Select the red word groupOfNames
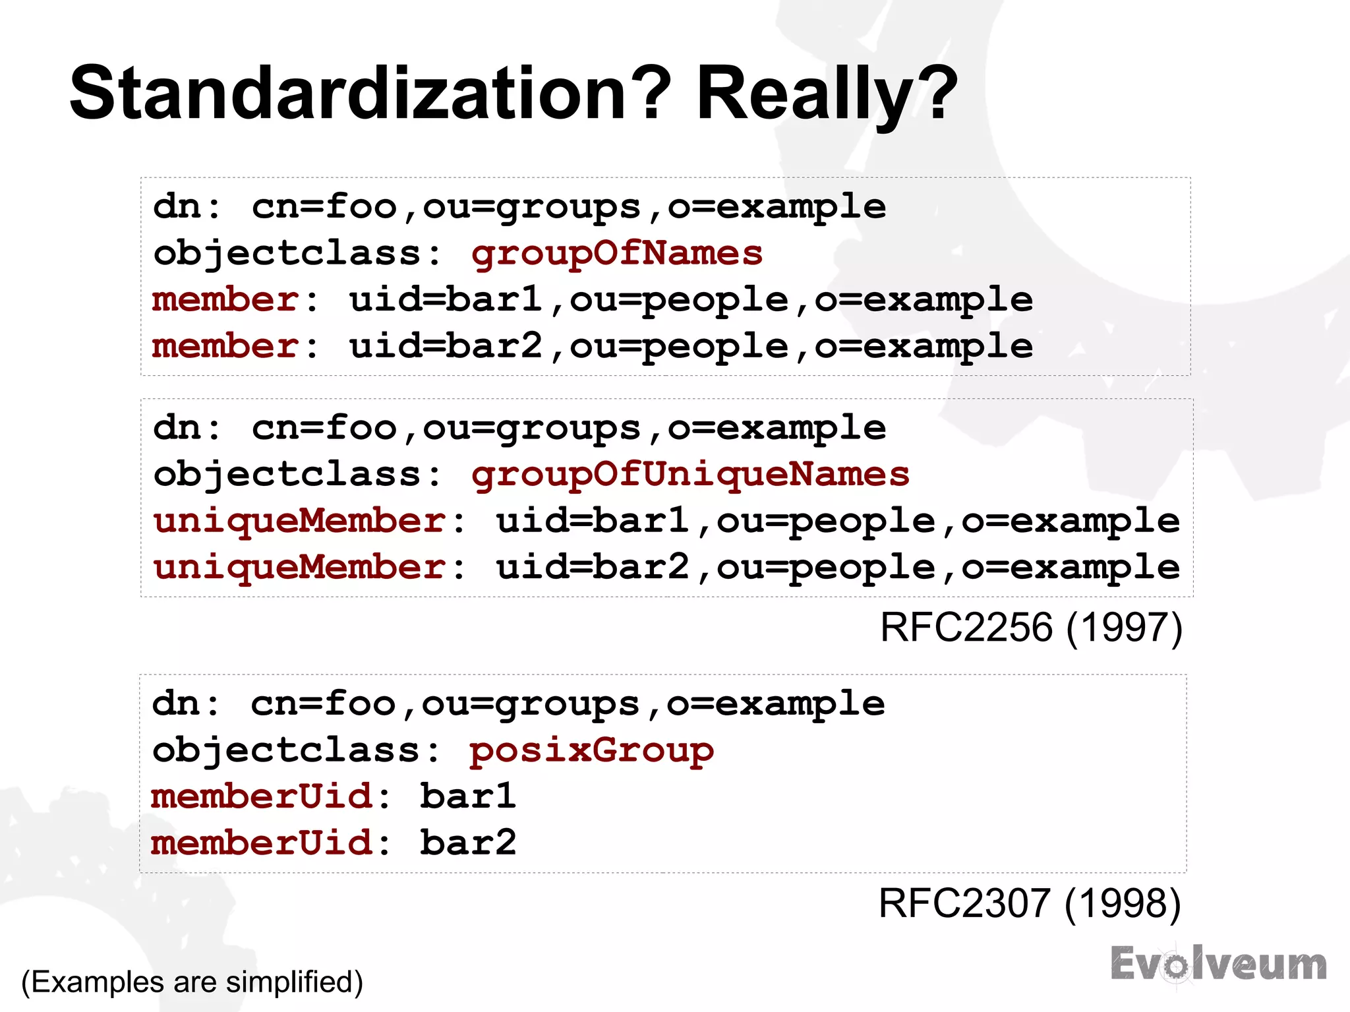coord(616,253)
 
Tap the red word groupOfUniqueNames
coord(690,475)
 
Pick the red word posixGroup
coord(591,750)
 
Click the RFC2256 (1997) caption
coord(1031,627)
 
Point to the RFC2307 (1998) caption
coord(1030,903)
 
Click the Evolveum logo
coord(1218,964)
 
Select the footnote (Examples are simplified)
coord(192,982)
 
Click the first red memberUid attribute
coord(262,796)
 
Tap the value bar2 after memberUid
coord(468,843)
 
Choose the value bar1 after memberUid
coord(468,796)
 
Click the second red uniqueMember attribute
coord(300,567)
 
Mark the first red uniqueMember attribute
coord(300,521)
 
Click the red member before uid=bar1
coord(226,300)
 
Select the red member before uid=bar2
coord(226,346)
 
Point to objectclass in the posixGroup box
coord(287,750)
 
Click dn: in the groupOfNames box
coord(187,207)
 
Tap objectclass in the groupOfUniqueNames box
coord(288,475)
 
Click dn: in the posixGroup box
coord(186,703)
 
